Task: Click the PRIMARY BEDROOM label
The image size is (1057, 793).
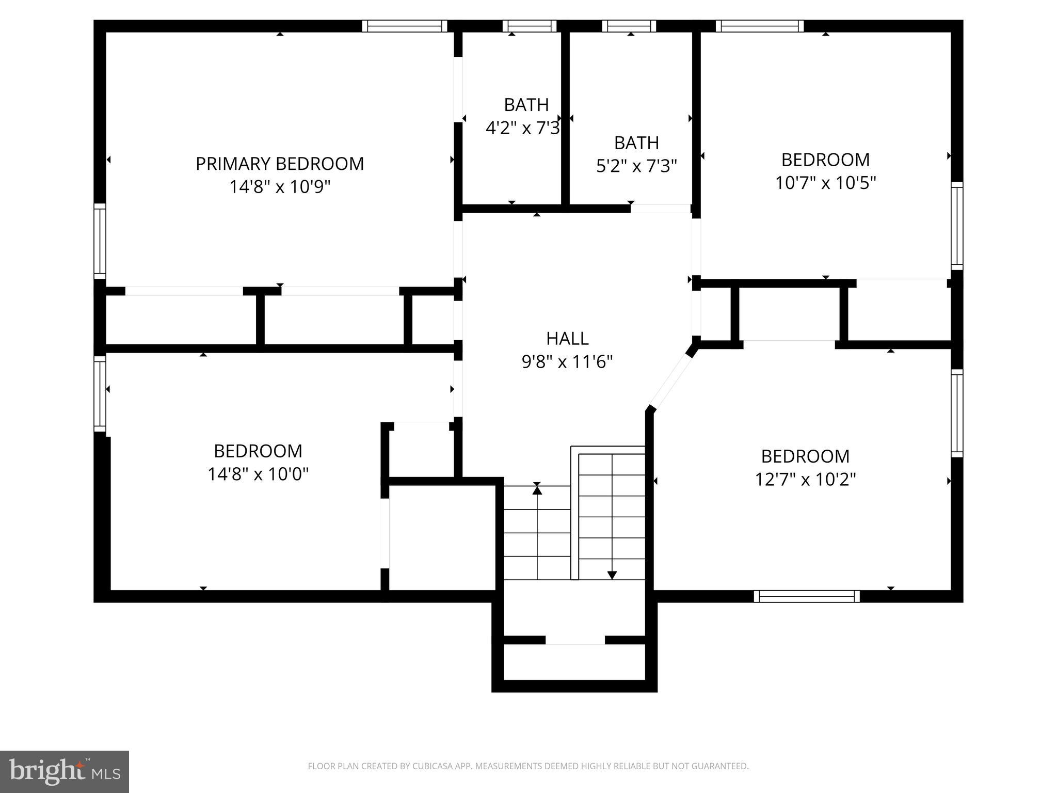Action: (x=280, y=164)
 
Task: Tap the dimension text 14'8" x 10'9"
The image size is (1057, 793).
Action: (x=280, y=186)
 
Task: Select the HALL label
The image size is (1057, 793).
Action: (x=567, y=339)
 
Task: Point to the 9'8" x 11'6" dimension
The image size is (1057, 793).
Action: (x=567, y=362)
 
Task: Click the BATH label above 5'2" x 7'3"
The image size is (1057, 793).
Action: (x=636, y=142)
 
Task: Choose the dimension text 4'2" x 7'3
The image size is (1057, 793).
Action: (x=522, y=128)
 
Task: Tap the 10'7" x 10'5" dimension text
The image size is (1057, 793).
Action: (x=825, y=183)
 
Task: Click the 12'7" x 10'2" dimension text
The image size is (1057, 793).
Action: (x=805, y=480)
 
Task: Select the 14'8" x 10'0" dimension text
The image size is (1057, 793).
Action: (x=258, y=474)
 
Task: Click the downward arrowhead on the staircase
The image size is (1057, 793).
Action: (x=612, y=575)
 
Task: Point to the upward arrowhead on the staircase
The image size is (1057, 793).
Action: (x=537, y=490)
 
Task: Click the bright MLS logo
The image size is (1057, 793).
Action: (x=65, y=772)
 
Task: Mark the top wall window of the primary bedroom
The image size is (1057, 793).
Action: (x=404, y=26)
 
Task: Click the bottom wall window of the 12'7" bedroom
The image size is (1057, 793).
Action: (x=807, y=596)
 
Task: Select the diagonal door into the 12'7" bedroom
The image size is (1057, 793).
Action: (x=670, y=379)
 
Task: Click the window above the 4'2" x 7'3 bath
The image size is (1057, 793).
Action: (x=530, y=26)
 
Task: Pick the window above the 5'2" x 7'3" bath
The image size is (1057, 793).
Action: (x=629, y=26)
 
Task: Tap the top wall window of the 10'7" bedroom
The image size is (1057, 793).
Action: (x=760, y=26)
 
